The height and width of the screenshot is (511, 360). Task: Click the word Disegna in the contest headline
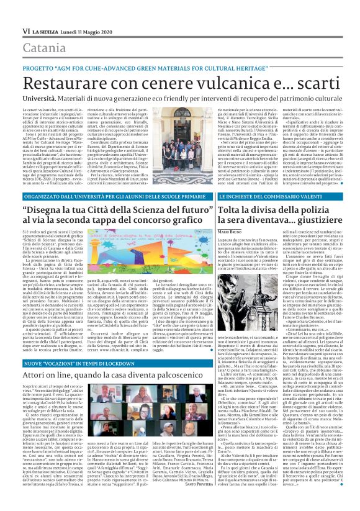click(63, 210)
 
